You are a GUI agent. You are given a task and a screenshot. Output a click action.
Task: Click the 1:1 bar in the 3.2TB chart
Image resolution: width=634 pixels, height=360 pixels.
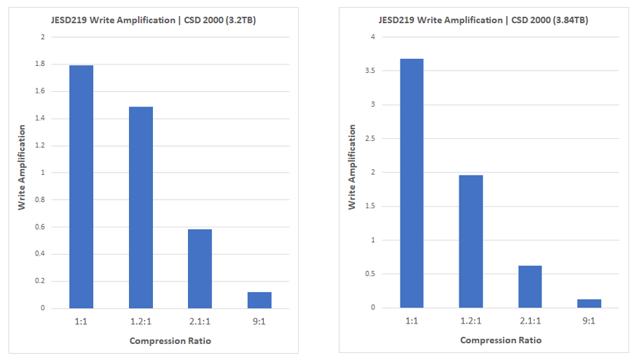81,187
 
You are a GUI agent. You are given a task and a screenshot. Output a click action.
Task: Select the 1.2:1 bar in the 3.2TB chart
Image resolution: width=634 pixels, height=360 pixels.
140,207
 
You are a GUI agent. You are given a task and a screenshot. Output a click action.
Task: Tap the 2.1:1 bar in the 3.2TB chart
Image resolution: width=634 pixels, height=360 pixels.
200,268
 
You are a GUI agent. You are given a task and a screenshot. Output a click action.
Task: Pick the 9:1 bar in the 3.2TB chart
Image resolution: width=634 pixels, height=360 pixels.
259,300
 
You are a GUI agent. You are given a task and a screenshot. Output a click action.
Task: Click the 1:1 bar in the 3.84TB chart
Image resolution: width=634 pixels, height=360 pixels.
412,183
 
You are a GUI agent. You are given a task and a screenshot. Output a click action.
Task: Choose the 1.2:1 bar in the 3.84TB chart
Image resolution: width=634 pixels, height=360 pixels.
471,241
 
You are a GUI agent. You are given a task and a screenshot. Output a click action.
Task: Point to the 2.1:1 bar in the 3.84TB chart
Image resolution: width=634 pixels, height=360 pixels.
530,286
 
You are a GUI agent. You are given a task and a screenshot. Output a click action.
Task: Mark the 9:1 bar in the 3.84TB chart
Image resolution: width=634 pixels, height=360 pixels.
589,303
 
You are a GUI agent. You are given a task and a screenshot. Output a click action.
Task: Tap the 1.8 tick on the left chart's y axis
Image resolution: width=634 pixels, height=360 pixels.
41,64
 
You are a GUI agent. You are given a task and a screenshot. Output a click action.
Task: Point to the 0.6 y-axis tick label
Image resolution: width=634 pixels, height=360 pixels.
41,227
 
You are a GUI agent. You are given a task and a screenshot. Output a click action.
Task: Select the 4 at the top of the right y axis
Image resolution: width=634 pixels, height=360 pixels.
373,37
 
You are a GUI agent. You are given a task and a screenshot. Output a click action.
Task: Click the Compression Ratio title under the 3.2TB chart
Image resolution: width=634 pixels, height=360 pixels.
170,341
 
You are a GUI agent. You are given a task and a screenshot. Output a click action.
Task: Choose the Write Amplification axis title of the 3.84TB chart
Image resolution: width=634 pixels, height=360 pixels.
353,167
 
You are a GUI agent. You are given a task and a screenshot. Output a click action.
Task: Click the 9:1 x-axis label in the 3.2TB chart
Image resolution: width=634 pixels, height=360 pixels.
259,321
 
